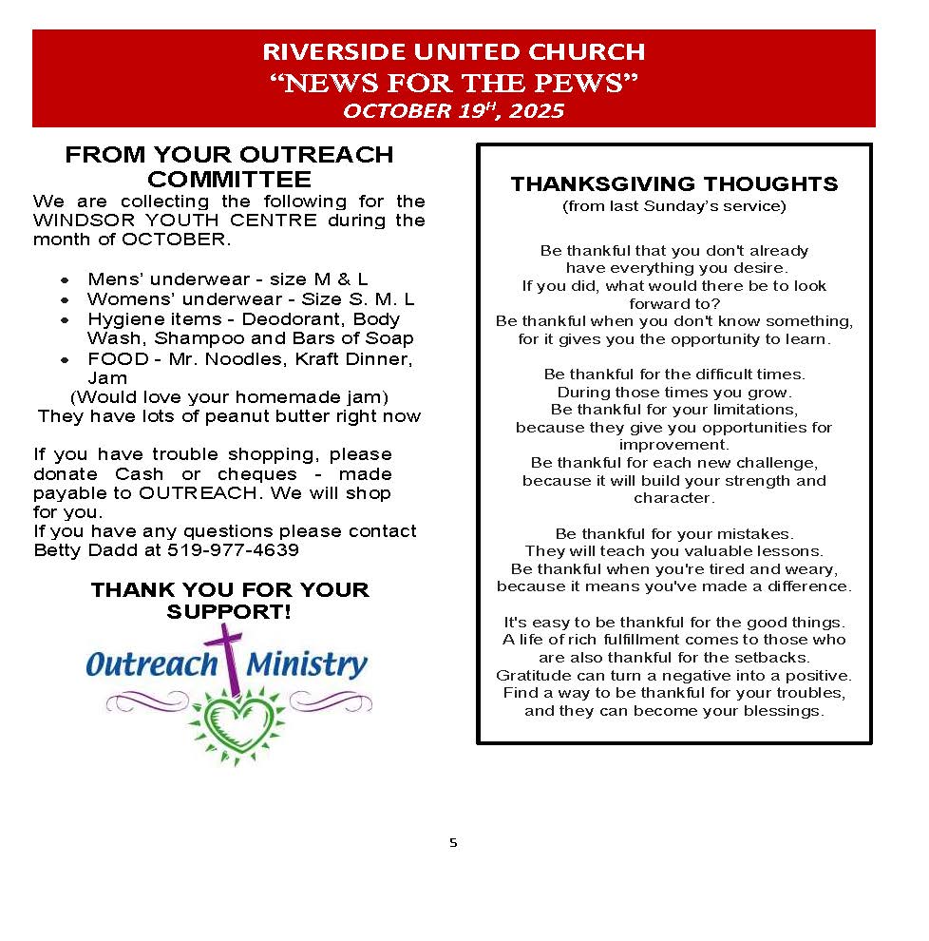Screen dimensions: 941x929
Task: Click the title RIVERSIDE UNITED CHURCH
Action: (x=453, y=51)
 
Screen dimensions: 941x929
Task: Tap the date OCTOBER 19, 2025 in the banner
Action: (x=453, y=111)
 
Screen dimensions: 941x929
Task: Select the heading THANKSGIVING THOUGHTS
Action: (x=674, y=183)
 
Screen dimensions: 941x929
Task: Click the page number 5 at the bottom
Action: (x=453, y=842)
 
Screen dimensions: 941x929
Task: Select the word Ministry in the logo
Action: (x=307, y=664)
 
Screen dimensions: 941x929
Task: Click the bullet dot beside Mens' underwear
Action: (x=65, y=280)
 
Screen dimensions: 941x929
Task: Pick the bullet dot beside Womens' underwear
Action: (x=65, y=300)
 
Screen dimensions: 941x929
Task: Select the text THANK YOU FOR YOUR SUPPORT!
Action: (x=229, y=601)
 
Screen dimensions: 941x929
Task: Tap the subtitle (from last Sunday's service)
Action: (x=674, y=205)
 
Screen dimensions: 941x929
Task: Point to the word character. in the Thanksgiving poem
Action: (x=673, y=498)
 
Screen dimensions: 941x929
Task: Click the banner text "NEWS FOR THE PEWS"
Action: (x=453, y=83)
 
